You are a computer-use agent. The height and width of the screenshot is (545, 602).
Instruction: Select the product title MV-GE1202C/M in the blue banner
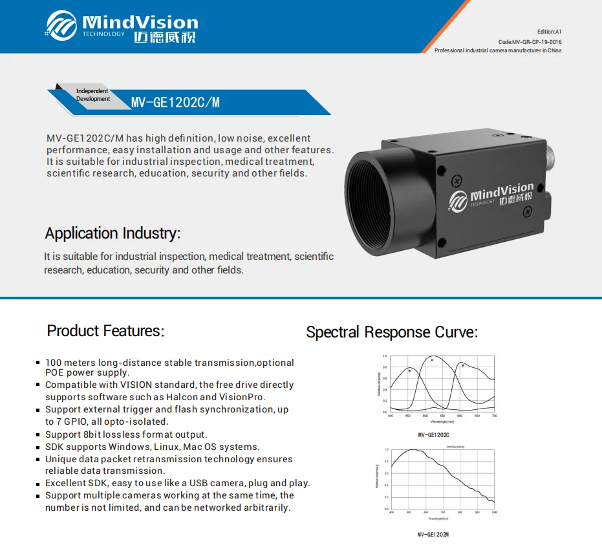coord(175,102)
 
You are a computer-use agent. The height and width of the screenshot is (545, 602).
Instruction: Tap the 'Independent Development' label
coord(92,95)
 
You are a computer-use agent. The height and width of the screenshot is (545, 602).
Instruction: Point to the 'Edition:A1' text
coord(549,31)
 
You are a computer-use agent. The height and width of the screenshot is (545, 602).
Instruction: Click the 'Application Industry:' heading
coord(113,233)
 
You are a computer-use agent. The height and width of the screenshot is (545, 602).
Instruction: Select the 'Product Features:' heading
coord(105,331)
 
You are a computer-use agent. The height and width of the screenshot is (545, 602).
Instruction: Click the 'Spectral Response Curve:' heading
coord(391,332)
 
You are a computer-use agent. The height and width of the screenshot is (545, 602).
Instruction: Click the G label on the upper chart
coord(432,360)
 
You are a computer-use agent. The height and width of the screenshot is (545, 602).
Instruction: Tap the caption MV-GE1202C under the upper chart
coord(433,435)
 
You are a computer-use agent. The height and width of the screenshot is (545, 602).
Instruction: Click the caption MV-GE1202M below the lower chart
coord(433,534)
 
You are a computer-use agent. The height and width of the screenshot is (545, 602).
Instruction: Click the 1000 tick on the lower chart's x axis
coord(494,513)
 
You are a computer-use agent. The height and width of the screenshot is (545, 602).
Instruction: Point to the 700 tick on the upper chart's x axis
coord(494,416)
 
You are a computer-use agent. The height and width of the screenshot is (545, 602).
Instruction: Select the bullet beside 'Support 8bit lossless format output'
coord(39,434)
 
